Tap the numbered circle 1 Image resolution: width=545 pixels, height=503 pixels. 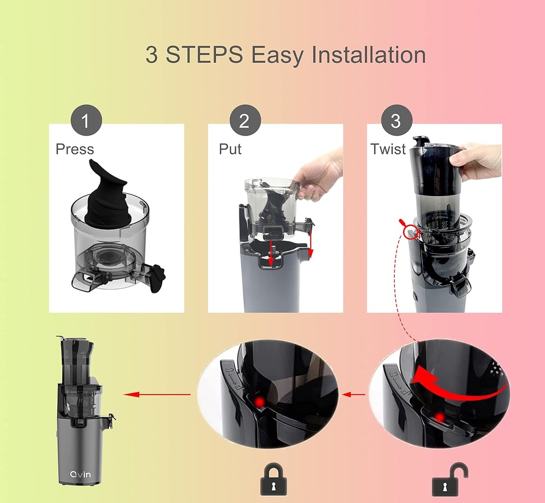coord(86,121)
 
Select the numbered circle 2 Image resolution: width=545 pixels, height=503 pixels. coord(245,121)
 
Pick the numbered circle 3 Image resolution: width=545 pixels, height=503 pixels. coord(395,121)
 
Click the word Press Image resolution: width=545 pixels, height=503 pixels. coord(75,149)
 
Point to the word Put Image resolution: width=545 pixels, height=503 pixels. coord(230,149)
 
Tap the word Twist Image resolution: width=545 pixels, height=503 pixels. coord(389,149)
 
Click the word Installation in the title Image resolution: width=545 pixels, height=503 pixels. coord(368,55)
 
